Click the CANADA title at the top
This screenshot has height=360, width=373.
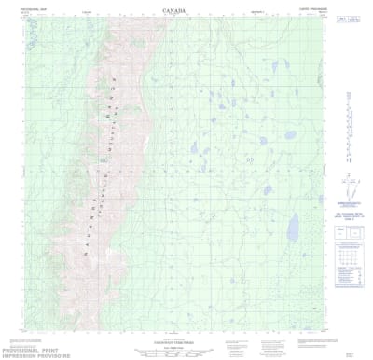(173, 10)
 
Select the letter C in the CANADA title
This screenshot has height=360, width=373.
(163, 10)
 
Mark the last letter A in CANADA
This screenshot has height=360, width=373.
(183, 10)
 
